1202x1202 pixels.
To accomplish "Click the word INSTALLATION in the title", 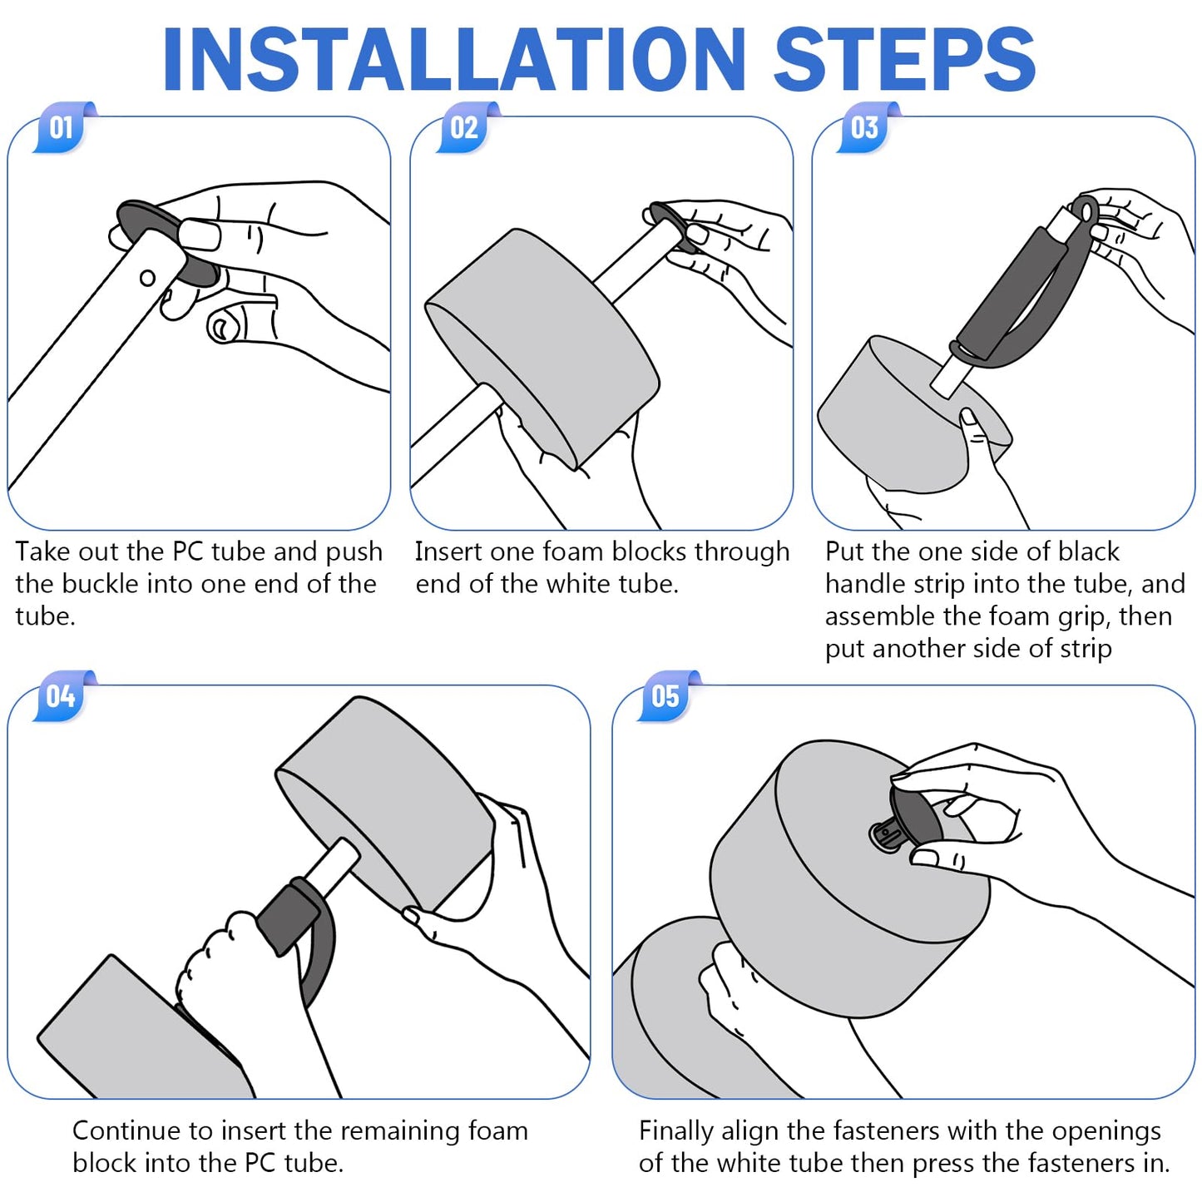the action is (x=453, y=59).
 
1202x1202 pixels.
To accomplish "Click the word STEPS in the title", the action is (x=904, y=59).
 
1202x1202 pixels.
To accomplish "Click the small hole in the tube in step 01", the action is (x=147, y=278).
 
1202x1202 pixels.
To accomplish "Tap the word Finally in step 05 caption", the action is (x=675, y=1131).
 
